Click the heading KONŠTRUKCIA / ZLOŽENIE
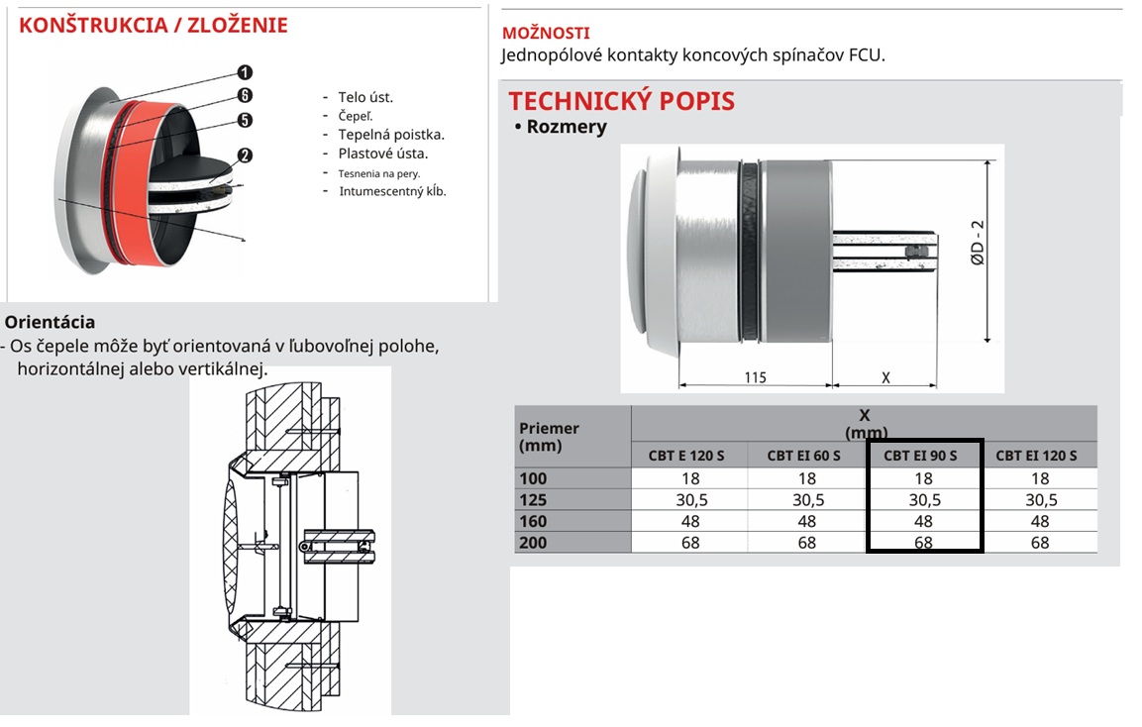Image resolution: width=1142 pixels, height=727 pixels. point(154,26)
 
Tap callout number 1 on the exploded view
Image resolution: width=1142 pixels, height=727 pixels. point(245,72)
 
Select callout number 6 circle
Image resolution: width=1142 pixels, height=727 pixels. point(245,96)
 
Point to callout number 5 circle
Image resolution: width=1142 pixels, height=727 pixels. point(245,121)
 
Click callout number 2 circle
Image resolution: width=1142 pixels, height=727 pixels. point(245,156)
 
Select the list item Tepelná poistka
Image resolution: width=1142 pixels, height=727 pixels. point(391,135)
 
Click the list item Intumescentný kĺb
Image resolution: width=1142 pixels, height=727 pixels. point(392,191)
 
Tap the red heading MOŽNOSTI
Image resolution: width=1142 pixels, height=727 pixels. point(546,34)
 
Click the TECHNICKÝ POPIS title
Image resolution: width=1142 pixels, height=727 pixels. point(622,101)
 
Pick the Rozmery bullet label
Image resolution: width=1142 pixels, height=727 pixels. point(566,127)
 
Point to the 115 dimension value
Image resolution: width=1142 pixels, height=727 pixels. point(754,377)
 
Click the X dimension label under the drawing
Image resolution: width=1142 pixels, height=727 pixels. point(885,377)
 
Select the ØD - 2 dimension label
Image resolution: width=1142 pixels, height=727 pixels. point(978,244)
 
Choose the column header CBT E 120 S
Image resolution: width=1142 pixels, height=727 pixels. point(688,456)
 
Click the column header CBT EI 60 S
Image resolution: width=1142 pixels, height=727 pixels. point(803,456)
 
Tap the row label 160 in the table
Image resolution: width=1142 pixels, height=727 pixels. point(533,521)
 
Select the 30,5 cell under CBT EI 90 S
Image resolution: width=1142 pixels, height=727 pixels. point(923,500)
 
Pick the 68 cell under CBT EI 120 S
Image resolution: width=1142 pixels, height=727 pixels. point(1039,543)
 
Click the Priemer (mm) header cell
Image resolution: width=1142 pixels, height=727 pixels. point(549,437)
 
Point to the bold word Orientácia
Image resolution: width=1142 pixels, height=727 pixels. point(51,322)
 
